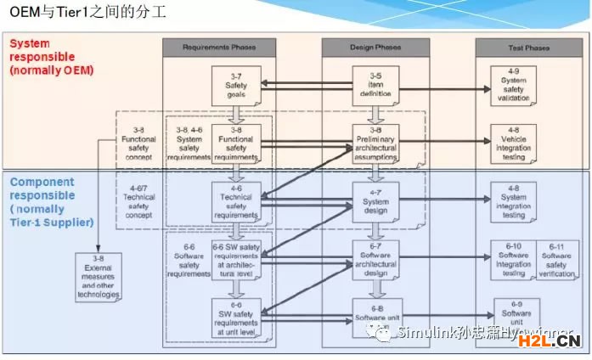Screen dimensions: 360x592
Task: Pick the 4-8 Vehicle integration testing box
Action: tap(514, 141)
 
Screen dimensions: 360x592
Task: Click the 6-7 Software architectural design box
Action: tap(376, 258)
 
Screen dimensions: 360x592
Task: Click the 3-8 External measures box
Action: tap(98, 277)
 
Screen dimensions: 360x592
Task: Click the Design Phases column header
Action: tap(376, 48)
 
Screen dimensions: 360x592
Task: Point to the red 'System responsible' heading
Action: tap(52, 56)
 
